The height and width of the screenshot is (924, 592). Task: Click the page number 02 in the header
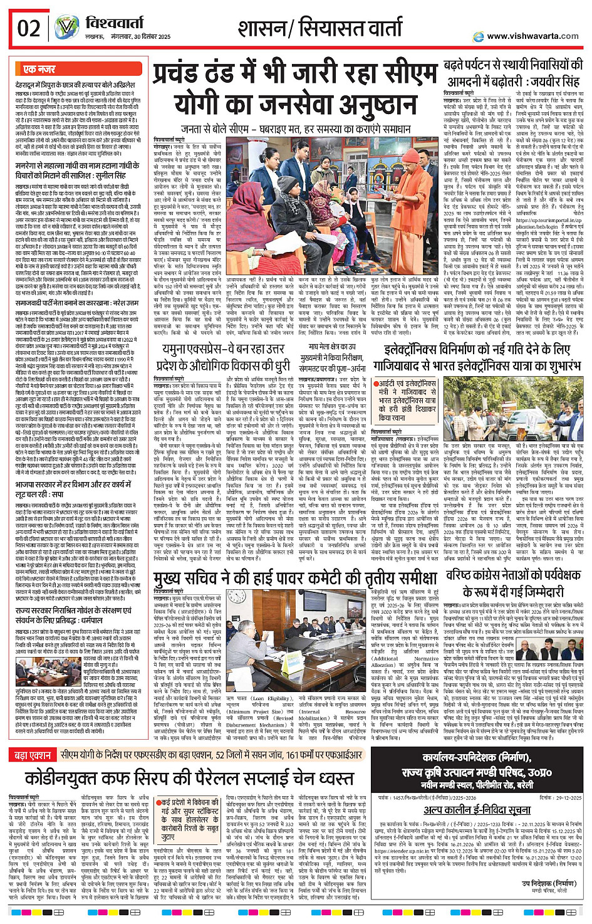point(29,28)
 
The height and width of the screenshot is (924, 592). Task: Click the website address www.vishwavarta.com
point(532,36)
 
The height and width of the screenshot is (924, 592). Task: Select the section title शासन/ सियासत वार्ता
point(320,28)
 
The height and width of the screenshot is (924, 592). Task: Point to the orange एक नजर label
point(39,69)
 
